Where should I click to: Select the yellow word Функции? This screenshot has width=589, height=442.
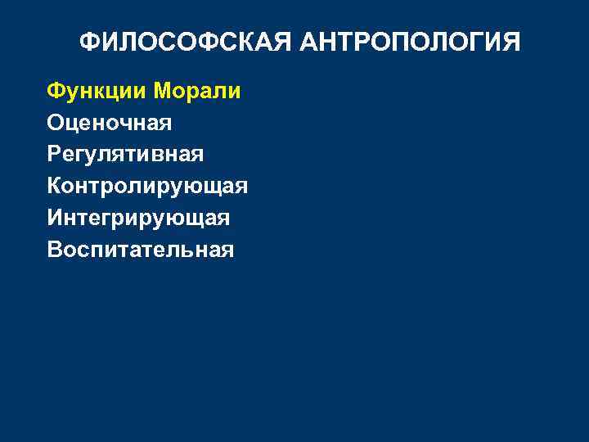tap(97, 92)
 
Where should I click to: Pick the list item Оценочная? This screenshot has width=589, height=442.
tap(110, 123)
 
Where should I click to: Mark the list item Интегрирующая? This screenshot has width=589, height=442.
tap(138, 218)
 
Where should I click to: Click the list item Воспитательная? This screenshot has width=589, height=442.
tap(141, 249)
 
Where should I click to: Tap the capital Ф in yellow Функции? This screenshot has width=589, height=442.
tap(55, 92)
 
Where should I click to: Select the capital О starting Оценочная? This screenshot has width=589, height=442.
tap(56, 123)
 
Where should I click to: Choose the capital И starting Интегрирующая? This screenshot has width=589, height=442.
tap(55, 218)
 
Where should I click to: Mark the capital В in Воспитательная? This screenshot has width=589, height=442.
tap(54, 249)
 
